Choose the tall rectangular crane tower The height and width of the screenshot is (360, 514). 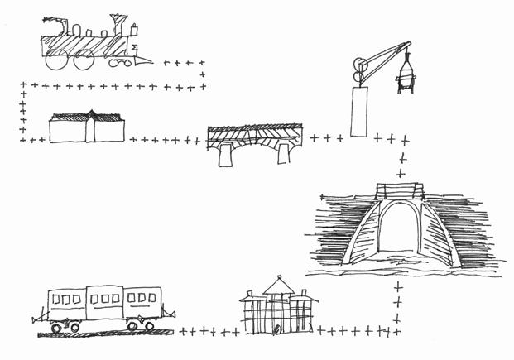[359, 112]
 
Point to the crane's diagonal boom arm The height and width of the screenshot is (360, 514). [385, 50]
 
